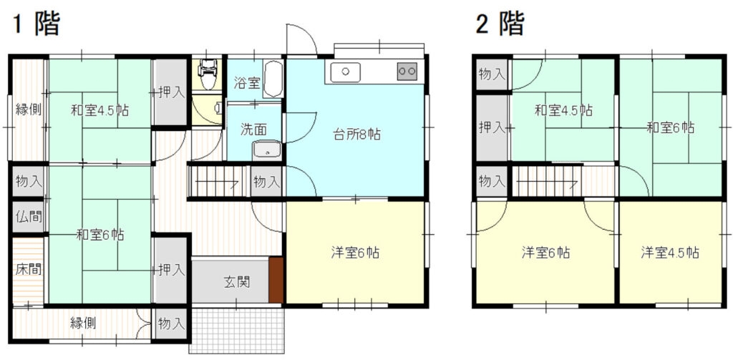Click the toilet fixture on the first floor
[x=207, y=74]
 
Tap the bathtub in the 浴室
[x=273, y=79]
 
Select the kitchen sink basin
[x=346, y=72]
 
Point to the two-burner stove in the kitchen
[x=407, y=72]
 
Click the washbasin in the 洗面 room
[x=266, y=150]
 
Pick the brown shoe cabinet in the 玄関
[x=276, y=280]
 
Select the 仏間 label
[x=29, y=216]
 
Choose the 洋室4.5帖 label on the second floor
[x=670, y=253]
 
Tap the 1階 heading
[x=37, y=24]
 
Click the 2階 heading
[x=500, y=24]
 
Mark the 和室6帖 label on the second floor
[x=670, y=127]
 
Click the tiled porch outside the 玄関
[x=237, y=330]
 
